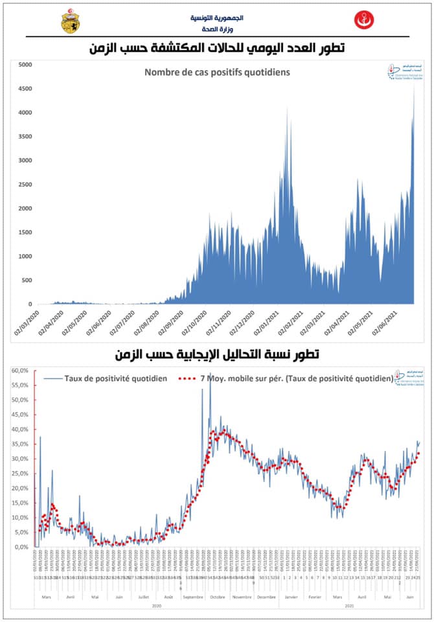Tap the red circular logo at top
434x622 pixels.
[x=363, y=20]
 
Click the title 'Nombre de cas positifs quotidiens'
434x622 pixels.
[x=216, y=72]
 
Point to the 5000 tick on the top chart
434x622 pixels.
[x=25, y=64]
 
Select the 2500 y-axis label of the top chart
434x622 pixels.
[x=25, y=184]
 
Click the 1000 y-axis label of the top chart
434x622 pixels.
[x=25, y=256]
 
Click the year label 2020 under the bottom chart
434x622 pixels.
[x=157, y=605]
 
